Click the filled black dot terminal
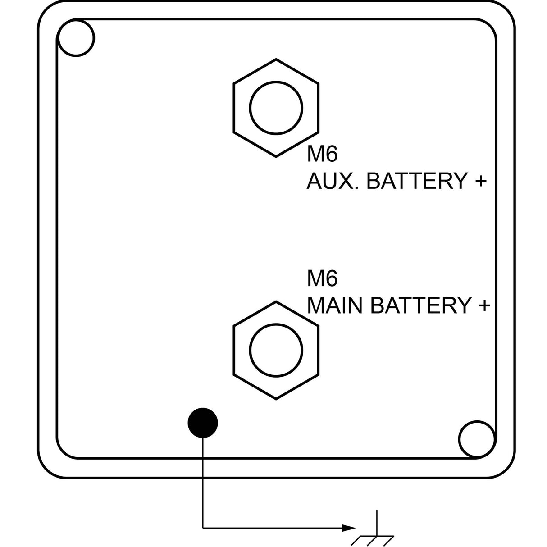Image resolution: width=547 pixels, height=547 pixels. (x=203, y=423)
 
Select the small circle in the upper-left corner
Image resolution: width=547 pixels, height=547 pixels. (x=76, y=38)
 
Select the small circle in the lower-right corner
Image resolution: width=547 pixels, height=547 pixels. (x=477, y=439)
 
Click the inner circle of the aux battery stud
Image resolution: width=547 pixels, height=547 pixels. (x=276, y=108)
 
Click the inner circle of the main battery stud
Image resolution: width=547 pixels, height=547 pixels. (x=276, y=350)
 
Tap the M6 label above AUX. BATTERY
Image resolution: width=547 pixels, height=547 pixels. (x=322, y=155)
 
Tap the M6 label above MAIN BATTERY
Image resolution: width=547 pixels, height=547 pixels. (x=322, y=279)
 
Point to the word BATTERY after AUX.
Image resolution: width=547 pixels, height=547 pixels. (x=417, y=181)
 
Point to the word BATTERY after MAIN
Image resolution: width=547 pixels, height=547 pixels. (x=421, y=305)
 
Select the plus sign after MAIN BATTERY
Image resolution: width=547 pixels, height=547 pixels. (x=484, y=306)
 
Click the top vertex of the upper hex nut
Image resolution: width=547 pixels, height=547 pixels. (x=276, y=59)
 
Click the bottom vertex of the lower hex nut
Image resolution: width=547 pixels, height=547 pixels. (x=276, y=400)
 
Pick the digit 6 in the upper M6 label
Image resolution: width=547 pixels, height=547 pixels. (x=331, y=155)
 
